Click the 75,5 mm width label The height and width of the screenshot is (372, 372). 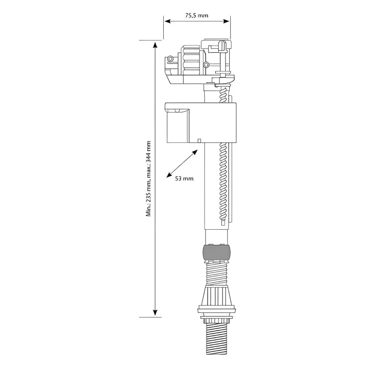(197, 15)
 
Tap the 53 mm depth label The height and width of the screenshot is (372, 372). (184, 179)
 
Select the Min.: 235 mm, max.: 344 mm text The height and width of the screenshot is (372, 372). (148, 179)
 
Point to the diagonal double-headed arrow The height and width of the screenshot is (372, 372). (182, 164)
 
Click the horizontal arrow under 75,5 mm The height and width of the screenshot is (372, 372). (197, 21)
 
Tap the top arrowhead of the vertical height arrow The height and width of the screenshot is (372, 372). (155, 45)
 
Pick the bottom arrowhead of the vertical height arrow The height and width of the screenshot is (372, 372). (155, 312)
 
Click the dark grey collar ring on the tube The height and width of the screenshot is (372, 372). (217, 253)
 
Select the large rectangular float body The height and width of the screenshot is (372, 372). (201, 123)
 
